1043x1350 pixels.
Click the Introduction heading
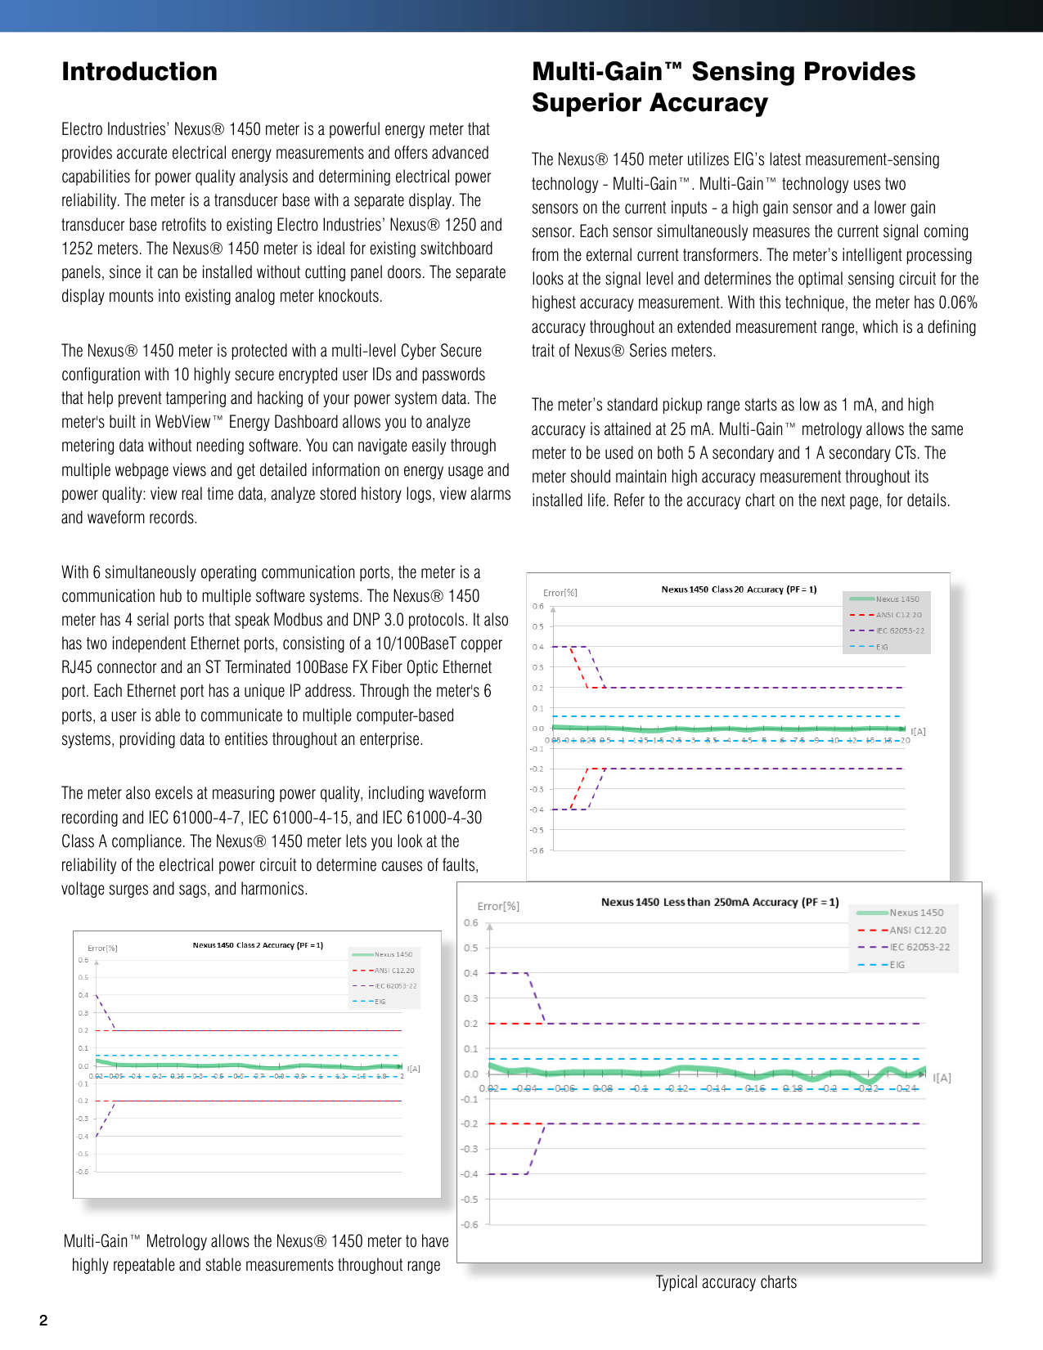tap(139, 72)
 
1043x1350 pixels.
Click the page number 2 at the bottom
tap(43, 1320)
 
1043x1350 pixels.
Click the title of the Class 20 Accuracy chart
tap(738, 589)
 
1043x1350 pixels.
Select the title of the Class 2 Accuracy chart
tap(258, 944)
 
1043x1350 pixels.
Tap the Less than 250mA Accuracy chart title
tap(719, 902)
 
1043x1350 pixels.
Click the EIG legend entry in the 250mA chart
tap(897, 965)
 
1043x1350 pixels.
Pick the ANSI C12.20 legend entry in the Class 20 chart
tap(898, 615)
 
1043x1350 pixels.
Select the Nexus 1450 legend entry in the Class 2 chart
tap(393, 954)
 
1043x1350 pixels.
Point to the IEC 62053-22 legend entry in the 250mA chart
tap(919, 947)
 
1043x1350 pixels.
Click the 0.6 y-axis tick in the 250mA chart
tap(471, 922)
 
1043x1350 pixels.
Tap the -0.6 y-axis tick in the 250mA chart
tap(470, 1224)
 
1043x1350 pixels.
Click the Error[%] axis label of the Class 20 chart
tap(560, 593)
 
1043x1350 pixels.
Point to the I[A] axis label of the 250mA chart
tap(942, 1078)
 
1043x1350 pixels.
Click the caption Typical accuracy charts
tap(726, 1282)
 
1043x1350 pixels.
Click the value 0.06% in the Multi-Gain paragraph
tap(957, 303)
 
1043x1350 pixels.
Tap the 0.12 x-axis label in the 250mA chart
tap(677, 1088)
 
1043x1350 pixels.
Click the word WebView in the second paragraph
tap(183, 422)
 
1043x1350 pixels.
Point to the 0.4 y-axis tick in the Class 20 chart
tap(537, 647)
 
